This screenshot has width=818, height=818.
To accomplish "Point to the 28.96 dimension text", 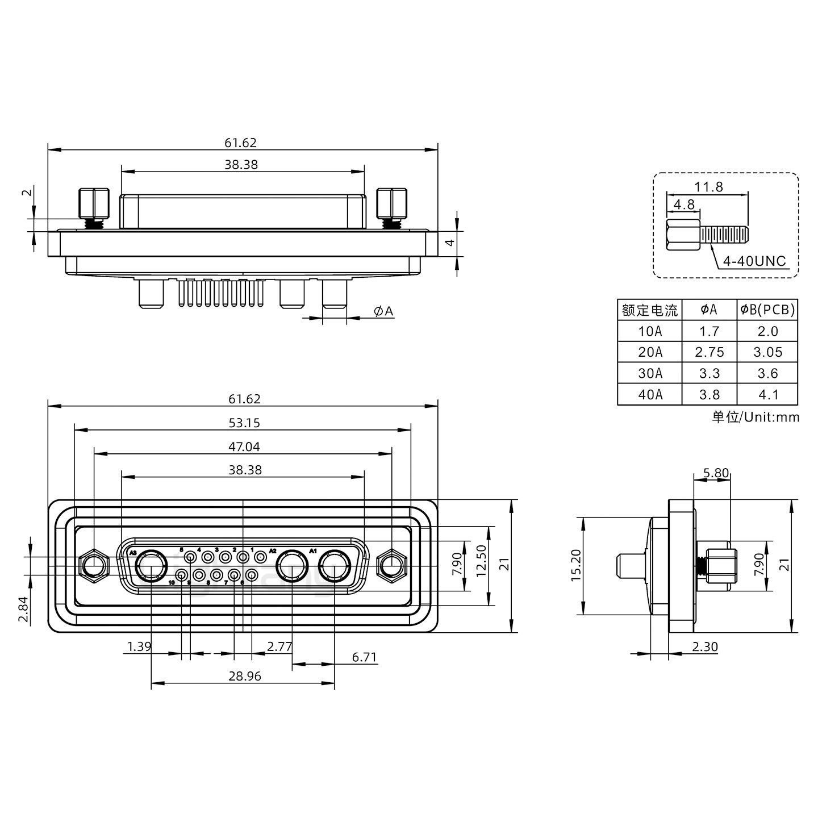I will point(245,676).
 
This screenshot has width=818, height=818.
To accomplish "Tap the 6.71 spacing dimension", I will point(364,657).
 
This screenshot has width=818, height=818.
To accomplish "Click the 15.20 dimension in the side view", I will point(576,565).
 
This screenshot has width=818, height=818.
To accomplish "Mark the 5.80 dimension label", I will point(715,473).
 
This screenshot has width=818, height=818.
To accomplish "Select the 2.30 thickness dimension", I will point(704,646).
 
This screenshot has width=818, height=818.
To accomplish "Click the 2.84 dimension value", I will point(23,610).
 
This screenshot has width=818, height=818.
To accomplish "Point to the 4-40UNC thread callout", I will point(754,261).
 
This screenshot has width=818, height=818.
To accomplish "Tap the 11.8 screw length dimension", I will point(708,186).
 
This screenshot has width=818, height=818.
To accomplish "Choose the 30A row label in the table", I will point(649,373).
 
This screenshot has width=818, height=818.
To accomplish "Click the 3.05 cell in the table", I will point(767,352).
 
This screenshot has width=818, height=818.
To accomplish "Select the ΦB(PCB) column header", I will point(767,310).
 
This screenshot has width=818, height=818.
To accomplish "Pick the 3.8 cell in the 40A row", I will point(709,394).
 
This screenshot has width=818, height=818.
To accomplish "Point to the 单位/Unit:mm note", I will point(755,417).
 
